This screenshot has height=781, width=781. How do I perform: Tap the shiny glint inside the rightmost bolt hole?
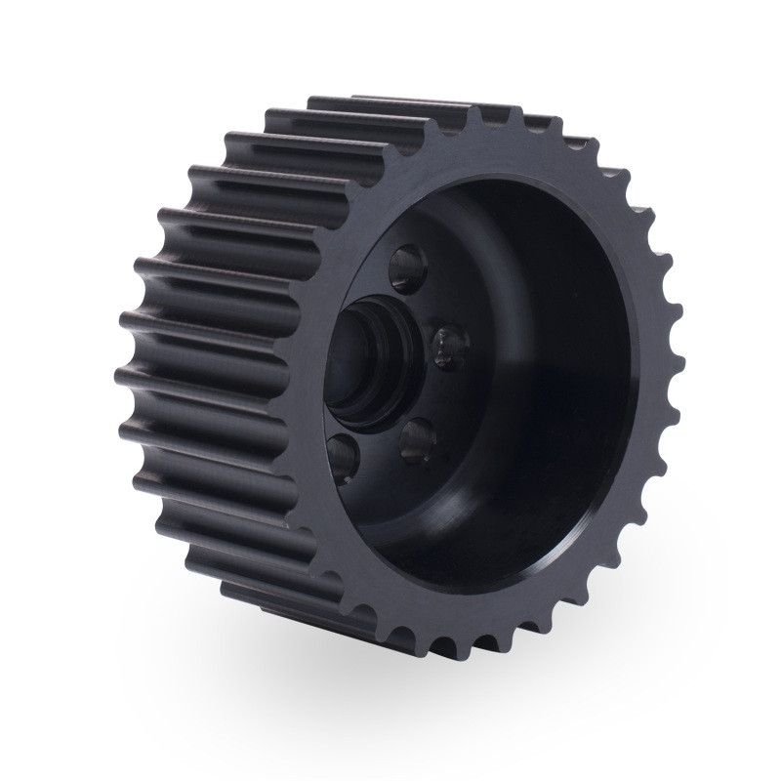(x=448, y=342)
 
